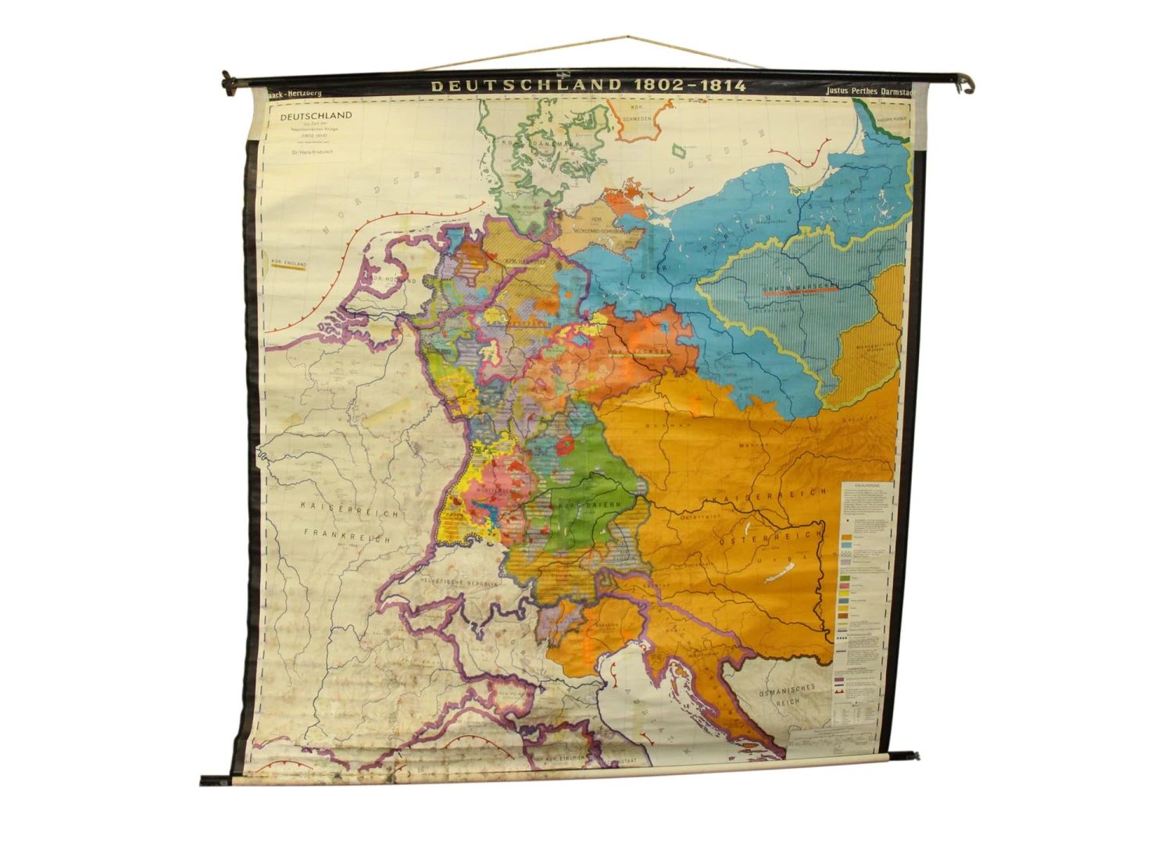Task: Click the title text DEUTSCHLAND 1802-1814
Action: tap(588, 85)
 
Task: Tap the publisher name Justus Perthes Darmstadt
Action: tap(868, 91)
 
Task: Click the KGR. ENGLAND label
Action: tap(288, 263)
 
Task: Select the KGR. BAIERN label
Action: tap(590, 506)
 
